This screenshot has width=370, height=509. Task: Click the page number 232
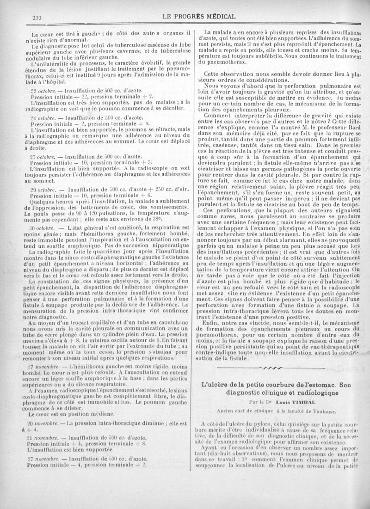click(x=35, y=18)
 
